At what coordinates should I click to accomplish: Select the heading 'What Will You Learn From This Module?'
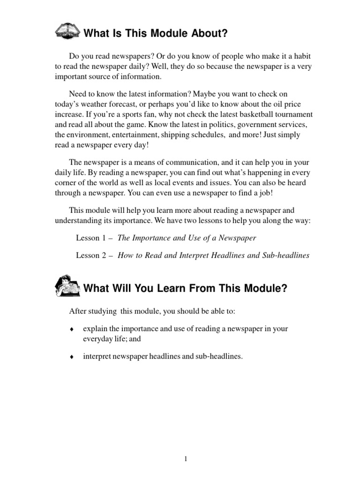pos(185,288)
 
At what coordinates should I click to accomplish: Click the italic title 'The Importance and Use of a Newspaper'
pos(187,238)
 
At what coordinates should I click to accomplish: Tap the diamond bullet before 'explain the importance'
pos(72,329)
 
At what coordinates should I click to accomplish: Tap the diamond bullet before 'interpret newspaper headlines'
pos(72,357)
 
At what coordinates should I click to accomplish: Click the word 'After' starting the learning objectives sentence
pos(78,311)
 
